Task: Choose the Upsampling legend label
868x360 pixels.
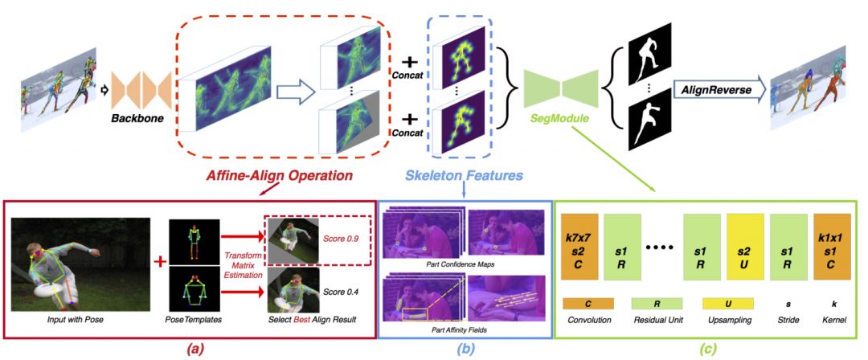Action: click(x=743, y=320)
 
